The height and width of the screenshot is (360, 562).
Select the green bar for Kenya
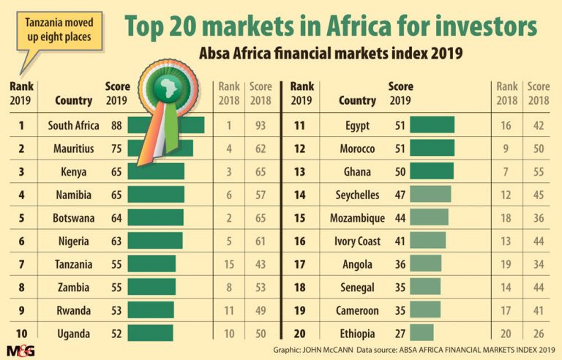[x=156, y=172]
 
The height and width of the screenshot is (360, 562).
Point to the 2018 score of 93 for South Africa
[x=261, y=126]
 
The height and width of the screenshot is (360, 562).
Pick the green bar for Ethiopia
[x=421, y=333]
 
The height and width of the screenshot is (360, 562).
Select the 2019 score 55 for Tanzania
[x=116, y=264]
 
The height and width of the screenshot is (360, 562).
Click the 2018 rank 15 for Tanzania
[x=229, y=264]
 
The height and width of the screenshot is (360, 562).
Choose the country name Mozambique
[x=357, y=218]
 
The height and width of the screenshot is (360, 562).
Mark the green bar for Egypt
[x=432, y=125]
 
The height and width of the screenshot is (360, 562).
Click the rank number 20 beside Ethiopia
[x=299, y=333]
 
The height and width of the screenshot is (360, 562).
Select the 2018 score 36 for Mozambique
[x=538, y=218]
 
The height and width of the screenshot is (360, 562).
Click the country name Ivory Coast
[x=357, y=241]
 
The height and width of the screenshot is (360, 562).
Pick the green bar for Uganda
[x=150, y=334]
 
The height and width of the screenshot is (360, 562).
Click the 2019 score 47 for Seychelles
[x=399, y=195]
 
